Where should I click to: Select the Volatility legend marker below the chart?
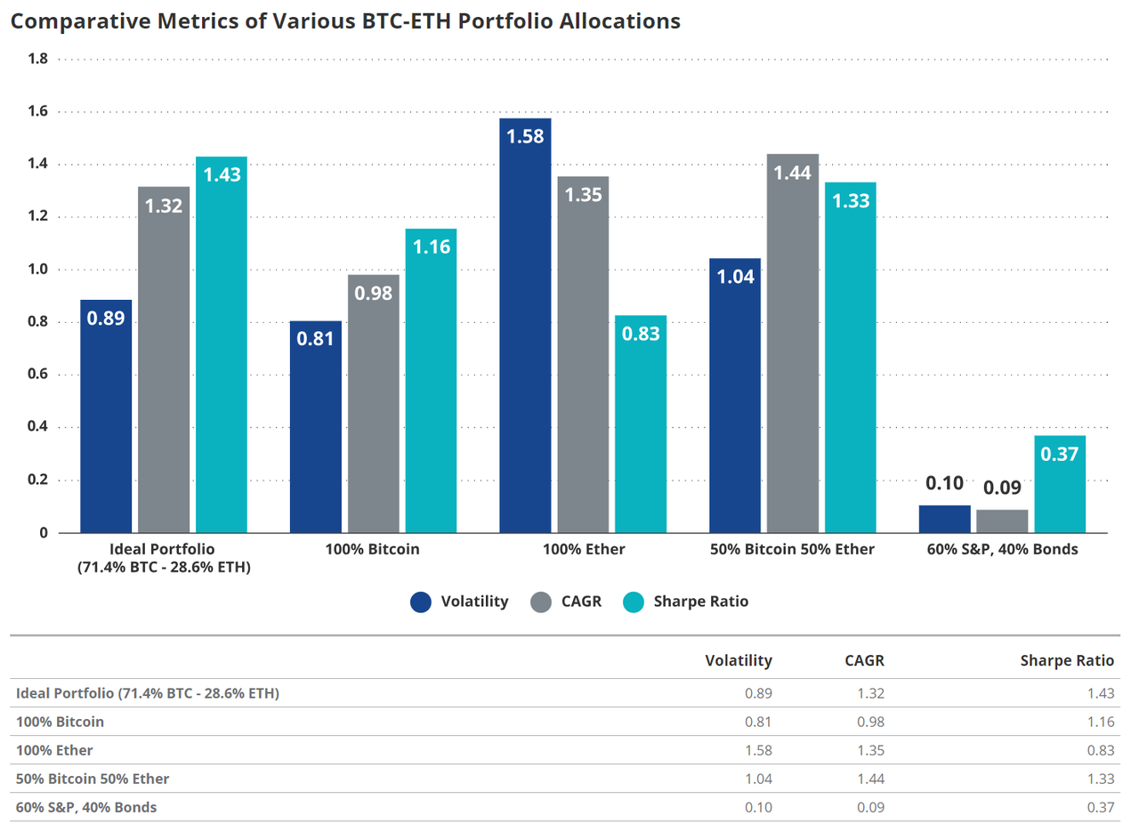point(421,602)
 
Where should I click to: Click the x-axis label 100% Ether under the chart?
point(583,550)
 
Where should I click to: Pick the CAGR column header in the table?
point(864,660)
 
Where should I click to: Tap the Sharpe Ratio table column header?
point(1067,660)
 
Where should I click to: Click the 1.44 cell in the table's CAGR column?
point(870,779)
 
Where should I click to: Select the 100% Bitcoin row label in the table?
point(60,722)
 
